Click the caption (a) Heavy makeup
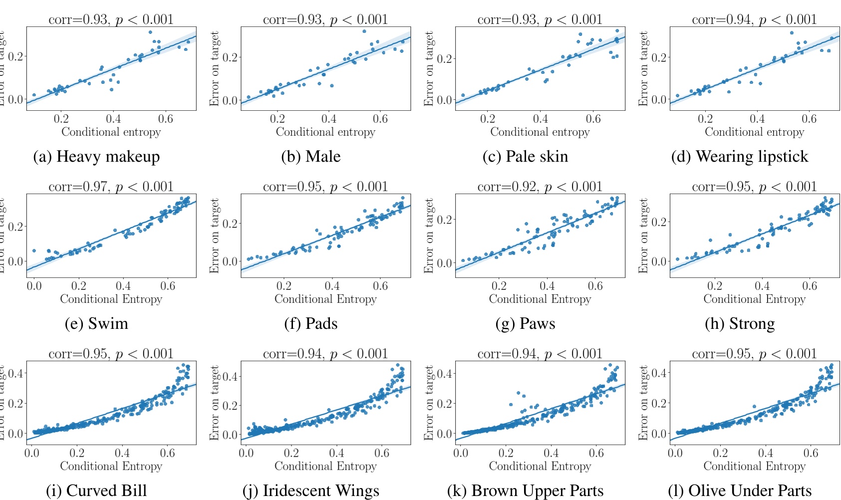tap(96, 157)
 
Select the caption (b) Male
tap(310, 157)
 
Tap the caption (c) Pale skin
tap(525, 157)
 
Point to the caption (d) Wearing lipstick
tap(739, 157)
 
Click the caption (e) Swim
tap(96, 324)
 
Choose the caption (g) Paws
tap(525, 324)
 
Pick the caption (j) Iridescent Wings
tap(310, 491)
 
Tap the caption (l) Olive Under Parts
tap(739, 491)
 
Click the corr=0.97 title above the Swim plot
tap(111, 187)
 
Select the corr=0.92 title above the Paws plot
tap(540, 187)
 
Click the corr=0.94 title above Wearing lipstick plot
tap(754, 19)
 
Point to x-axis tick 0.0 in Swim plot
tap(34, 286)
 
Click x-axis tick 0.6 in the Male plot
tap(380, 119)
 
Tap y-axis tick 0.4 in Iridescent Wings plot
tap(231, 376)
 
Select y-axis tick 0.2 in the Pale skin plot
tap(445, 58)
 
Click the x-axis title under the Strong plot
tap(754, 299)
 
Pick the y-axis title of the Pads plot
tap(215, 236)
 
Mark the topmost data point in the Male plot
tap(364, 31)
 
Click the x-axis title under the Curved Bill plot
tap(111, 466)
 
